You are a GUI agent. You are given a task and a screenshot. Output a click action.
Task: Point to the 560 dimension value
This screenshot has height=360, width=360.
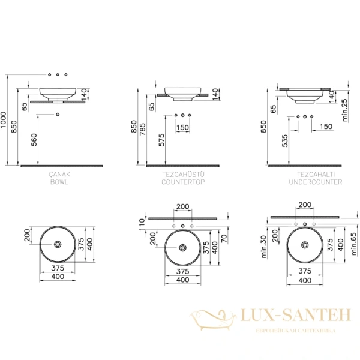[x=34, y=139]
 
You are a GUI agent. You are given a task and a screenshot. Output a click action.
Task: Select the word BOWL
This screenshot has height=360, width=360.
[x=59, y=181]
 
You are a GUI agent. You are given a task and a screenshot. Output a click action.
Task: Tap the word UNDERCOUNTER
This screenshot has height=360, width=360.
[x=315, y=181]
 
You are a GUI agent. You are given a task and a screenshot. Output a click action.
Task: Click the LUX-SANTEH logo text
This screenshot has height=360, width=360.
[x=287, y=316]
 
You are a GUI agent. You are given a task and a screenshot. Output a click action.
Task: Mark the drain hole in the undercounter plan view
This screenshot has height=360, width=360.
[x=305, y=244]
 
